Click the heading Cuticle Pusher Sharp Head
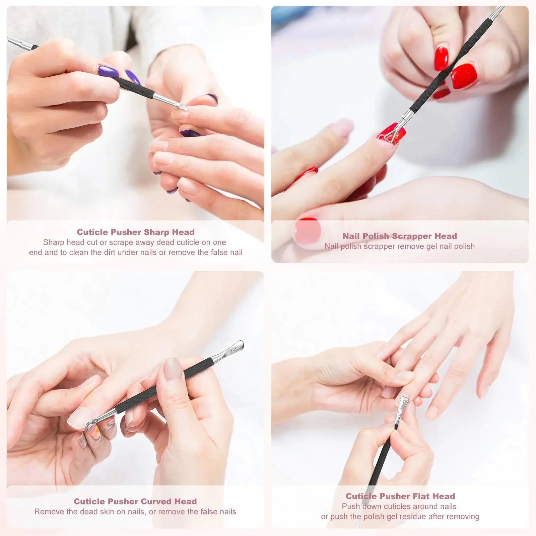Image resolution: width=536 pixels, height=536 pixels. click(x=136, y=232)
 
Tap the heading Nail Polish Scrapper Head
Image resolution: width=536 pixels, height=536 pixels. click(x=400, y=236)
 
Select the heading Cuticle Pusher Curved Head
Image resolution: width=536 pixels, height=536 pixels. click(x=135, y=501)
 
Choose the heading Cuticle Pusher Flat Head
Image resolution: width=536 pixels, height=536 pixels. click(x=400, y=496)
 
